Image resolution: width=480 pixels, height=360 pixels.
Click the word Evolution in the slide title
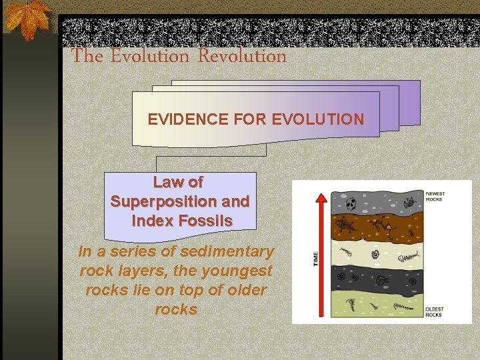point(150,57)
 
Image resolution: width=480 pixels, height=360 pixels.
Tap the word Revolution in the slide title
point(241,57)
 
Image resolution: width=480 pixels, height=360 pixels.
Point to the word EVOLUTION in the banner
point(319,120)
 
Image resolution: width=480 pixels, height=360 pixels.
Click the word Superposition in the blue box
point(179,201)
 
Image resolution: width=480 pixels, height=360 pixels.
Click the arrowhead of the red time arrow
point(321,198)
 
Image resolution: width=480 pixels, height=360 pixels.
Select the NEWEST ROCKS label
point(435,197)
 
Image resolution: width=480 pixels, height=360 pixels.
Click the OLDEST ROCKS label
point(434,311)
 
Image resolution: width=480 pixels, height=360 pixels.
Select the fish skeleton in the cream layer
point(409,254)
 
